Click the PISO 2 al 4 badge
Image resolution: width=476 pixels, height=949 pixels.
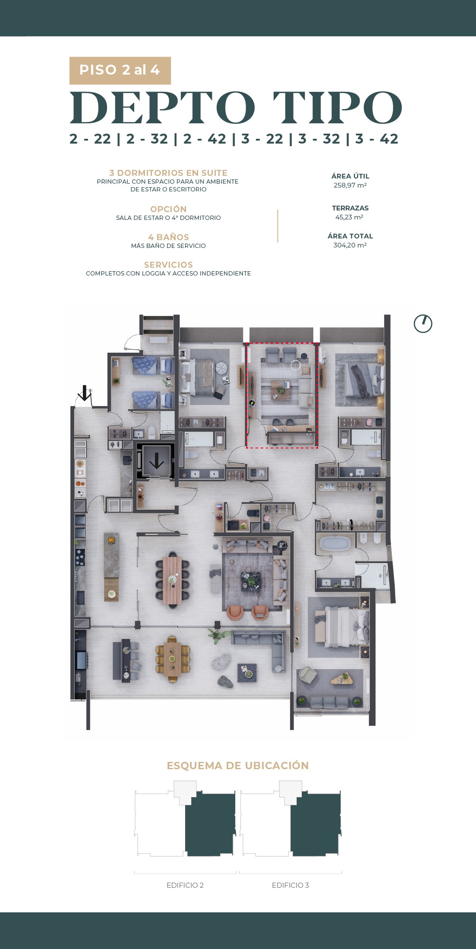point(120,70)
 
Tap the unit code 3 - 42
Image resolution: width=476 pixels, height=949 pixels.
point(377,139)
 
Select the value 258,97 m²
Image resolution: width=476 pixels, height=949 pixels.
point(350,185)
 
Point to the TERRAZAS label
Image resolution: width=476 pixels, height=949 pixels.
point(350,208)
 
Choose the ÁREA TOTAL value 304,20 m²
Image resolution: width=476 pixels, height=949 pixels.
point(350,245)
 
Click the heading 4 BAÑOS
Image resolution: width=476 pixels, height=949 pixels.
point(168,237)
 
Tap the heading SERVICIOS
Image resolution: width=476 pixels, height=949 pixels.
point(168,265)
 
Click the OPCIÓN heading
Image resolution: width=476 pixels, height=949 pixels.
point(168,209)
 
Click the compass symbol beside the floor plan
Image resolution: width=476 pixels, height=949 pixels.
point(423,323)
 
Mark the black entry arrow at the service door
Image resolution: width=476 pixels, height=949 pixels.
point(85,393)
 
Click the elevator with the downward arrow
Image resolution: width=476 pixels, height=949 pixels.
point(156,461)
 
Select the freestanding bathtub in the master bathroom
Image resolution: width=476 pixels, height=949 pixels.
point(335,543)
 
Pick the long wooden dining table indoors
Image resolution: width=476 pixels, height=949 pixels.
point(172,580)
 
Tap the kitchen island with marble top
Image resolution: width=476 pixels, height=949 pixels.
point(111,567)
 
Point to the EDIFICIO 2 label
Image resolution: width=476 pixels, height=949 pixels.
point(185,885)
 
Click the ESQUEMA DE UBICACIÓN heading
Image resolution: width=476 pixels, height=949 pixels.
point(238,765)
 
